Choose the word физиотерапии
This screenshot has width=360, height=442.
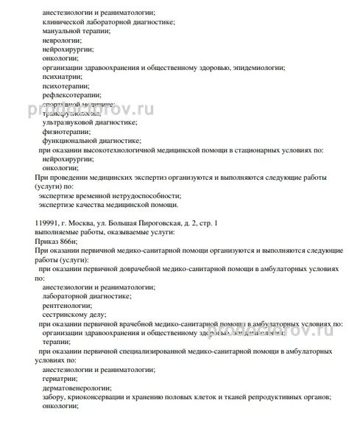(64, 130)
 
